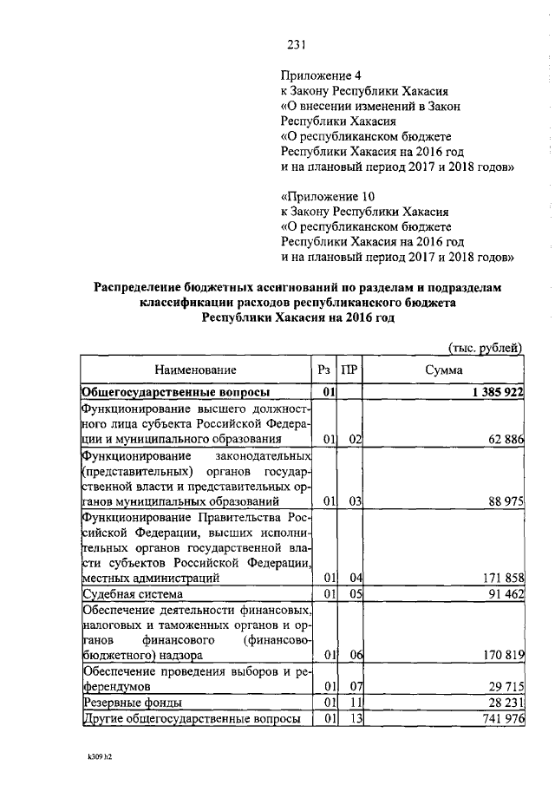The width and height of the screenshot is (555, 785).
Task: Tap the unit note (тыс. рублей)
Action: coord(484,349)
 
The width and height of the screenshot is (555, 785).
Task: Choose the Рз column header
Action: coord(325,370)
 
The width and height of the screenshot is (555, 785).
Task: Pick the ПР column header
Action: coord(349,370)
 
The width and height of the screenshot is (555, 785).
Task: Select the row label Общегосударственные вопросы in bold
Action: coord(174,393)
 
